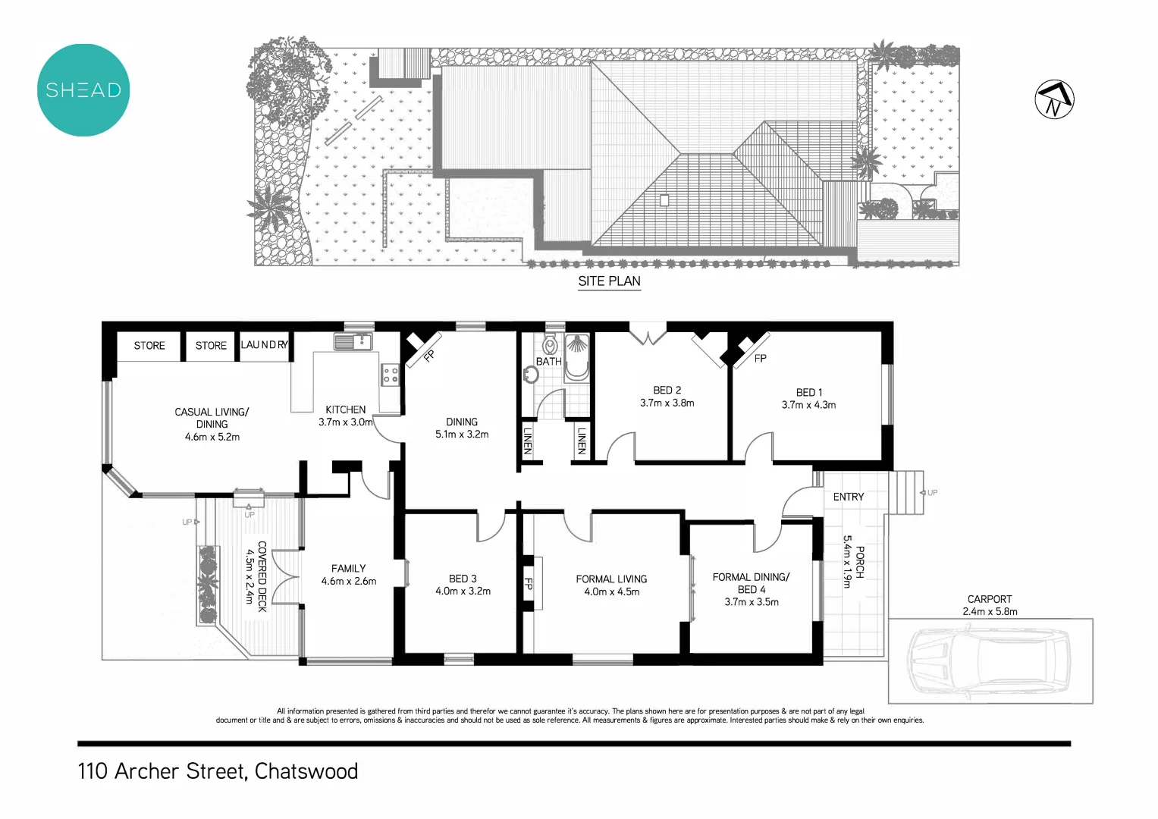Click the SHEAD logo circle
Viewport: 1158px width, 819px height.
point(83,90)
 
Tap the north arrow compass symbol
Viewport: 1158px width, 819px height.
point(1054,99)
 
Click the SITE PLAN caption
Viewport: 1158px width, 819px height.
point(609,281)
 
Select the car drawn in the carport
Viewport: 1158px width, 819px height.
point(990,661)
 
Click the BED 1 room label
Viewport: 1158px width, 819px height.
point(808,393)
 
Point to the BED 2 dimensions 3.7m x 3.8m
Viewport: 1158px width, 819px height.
point(667,403)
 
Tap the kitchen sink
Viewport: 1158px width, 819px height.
point(353,342)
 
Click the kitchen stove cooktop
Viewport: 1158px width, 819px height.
point(390,375)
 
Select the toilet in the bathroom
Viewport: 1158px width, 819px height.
point(551,345)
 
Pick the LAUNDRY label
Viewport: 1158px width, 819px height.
point(265,345)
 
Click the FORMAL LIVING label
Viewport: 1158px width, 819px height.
point(611,579)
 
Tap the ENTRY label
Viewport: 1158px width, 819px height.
point(848,497)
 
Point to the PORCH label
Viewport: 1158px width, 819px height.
point(860,562)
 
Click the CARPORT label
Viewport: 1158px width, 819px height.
point(990,599)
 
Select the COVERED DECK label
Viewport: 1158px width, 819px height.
point(262,576)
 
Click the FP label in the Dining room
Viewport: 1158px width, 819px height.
point(428,356)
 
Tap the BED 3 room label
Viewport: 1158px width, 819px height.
point(463,579)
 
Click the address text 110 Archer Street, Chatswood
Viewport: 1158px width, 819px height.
point(218,771)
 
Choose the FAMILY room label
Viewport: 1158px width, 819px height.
point(348,569)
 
